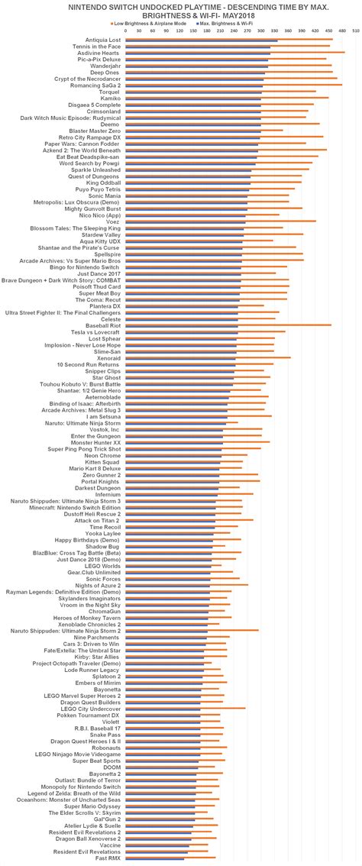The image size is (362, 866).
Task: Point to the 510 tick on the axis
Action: (x=356, y=33)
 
